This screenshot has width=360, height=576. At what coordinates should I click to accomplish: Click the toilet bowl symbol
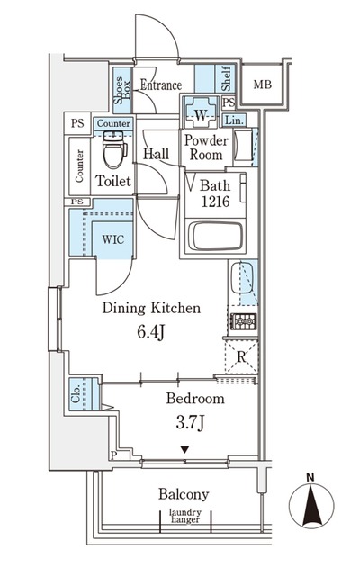115,149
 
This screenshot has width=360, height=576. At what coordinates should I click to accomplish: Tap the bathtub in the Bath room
215,236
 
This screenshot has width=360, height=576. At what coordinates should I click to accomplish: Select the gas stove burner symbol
243,321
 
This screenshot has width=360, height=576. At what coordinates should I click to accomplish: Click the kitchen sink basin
241,278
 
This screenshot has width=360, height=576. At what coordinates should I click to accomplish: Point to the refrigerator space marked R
241,356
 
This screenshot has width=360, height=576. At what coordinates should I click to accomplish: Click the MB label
262,85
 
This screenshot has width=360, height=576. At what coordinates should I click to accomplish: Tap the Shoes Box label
122,90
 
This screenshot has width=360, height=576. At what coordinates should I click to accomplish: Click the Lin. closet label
234,120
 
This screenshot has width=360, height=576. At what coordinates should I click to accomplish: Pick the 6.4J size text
150,332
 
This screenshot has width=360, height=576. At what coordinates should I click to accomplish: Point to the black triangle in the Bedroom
184,450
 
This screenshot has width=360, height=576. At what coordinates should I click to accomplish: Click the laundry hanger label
185,516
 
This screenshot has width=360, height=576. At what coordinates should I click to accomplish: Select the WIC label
112,240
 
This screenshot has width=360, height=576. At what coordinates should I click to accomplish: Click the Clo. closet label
76,394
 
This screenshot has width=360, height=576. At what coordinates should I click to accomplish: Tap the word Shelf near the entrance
226,78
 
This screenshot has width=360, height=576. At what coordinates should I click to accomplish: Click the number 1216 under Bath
215,202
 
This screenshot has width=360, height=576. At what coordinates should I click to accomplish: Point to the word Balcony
184,494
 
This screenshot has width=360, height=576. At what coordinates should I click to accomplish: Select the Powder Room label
206,148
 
